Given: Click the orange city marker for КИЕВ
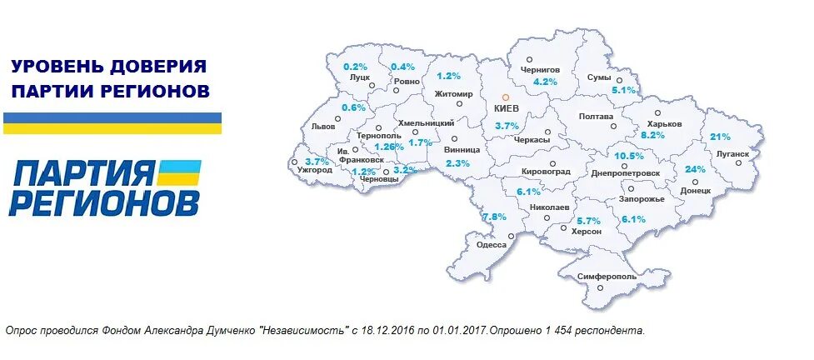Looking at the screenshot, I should coord(505,97).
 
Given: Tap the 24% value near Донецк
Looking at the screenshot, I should coord(695,168).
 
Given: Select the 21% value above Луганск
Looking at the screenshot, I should coord(720,137).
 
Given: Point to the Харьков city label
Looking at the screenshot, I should coord(664,123).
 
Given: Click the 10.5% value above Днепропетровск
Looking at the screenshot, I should coord(629,156).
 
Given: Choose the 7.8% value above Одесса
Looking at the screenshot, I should coord(494,217).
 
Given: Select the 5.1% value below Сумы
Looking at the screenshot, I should coord(623,89).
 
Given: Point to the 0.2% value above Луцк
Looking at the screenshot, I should coord(356,66).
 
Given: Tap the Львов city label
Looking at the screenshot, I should coord(322,127).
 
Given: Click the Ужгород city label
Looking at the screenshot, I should coord(314,170).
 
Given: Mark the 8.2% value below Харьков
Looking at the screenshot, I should coord(652,134).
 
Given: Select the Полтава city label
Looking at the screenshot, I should coord(596,117).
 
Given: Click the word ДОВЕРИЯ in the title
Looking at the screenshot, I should coord(165,66).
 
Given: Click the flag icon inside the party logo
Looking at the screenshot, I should coord(179,173).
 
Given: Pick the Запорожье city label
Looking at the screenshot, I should coord(641,200).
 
